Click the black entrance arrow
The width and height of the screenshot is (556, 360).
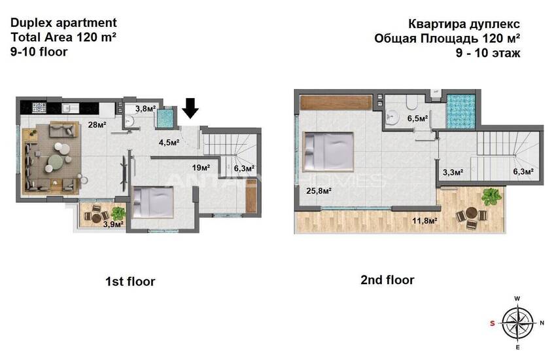[190, 108]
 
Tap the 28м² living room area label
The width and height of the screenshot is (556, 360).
[97, 125]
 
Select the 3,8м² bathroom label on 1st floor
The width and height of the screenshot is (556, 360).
[145, 109]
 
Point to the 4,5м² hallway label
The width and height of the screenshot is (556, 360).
[169, 143]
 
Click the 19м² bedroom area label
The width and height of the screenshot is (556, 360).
[201, 168]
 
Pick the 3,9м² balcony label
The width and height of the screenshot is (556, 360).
[113, 224]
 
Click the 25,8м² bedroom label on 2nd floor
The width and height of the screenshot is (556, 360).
[319, 191]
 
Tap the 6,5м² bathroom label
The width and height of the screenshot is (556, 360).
[417, 119]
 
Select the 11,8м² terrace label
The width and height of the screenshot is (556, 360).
[425, 221]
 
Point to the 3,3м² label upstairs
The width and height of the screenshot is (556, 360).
[453, 172]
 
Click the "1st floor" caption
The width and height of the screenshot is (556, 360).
[130, 281]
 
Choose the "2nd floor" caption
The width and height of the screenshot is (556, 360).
[387, 280]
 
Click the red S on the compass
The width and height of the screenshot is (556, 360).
[493, 323]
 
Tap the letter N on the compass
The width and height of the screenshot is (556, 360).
[542, 323]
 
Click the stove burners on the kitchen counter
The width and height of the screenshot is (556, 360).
[39, 107]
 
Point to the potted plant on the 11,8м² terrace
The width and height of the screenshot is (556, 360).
[491, 196]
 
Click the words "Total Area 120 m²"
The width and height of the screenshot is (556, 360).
[64, 37]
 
